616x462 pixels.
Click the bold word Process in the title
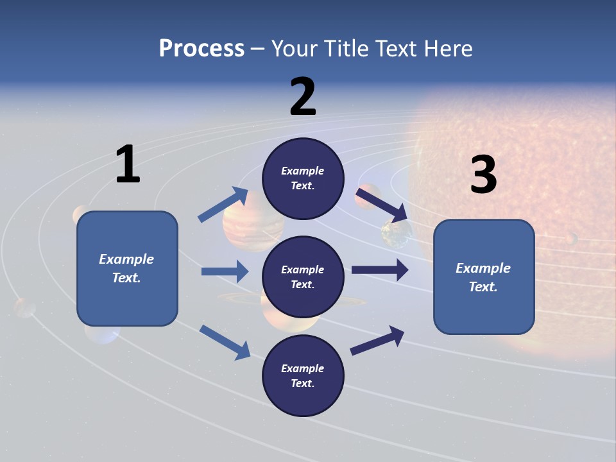(201, 48)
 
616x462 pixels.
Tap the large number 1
(128, 165)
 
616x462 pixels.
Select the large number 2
(303, 97)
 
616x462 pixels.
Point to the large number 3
(483, 175)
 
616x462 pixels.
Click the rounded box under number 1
(127, 268)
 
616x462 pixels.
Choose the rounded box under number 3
(484, 277)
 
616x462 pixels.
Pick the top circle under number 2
(303, 178)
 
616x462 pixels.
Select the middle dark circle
(303, 277)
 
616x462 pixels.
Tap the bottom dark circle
(303, 375)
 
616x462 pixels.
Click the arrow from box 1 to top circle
(223, 205)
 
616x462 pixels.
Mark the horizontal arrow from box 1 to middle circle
(224, 271)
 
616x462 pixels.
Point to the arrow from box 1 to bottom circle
(225, 341)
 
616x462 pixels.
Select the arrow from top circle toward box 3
(382, 204)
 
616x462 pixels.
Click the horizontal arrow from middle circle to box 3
(379, 269)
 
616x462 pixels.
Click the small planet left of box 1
(24, 307)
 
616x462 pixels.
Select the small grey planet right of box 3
(570, 239)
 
